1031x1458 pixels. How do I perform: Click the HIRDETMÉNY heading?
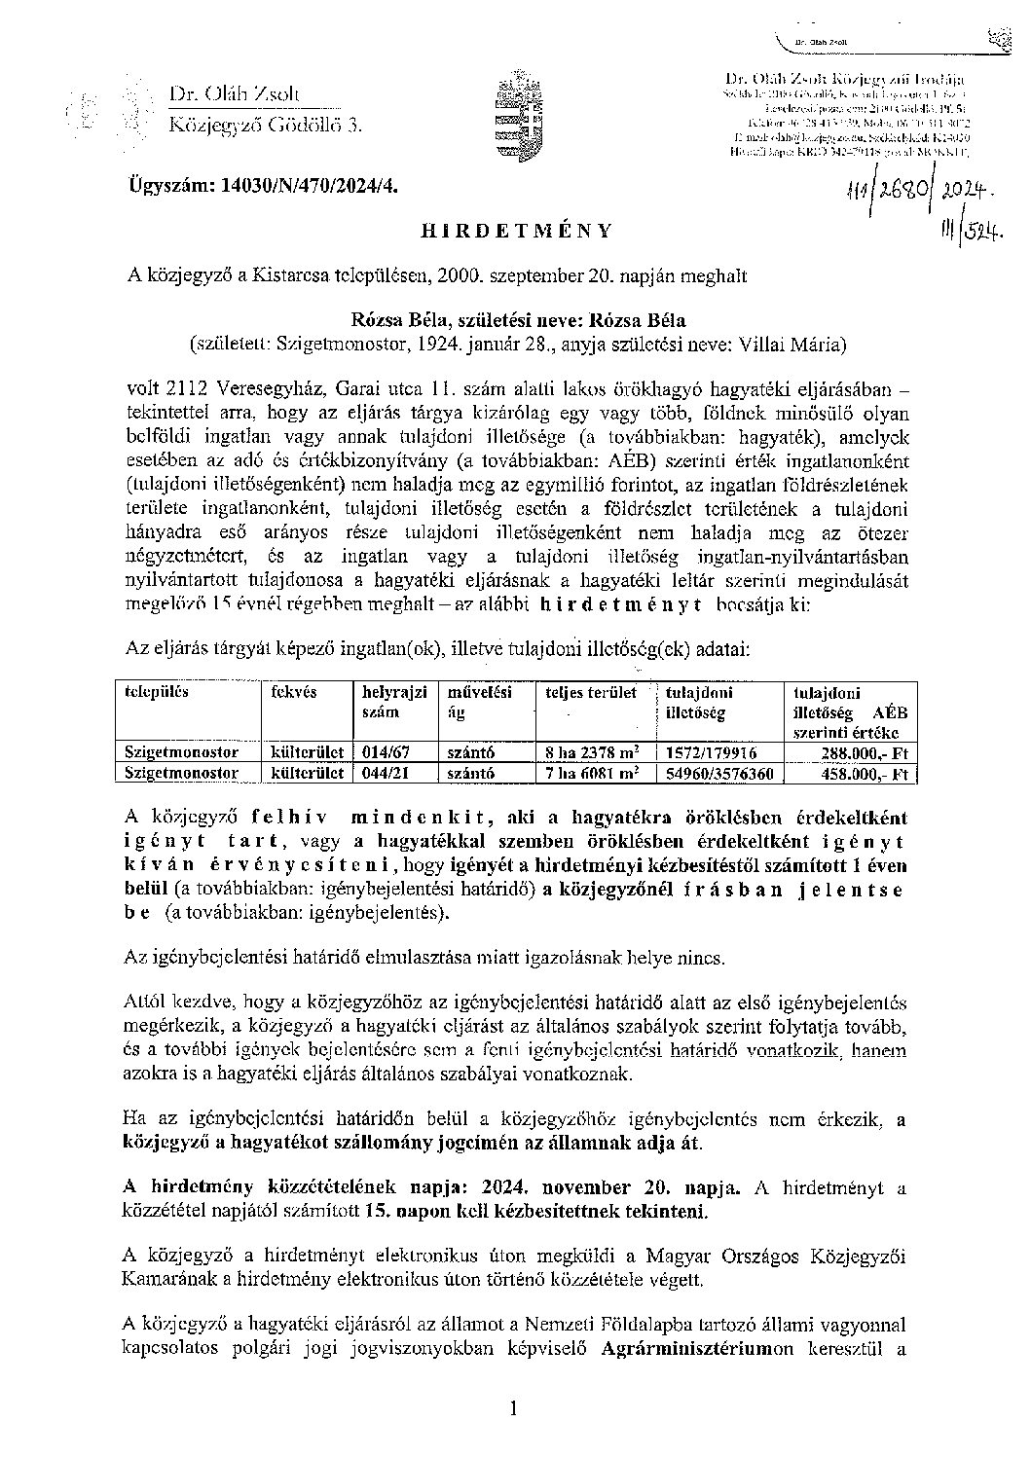pyautogui.click(x=515, y=231)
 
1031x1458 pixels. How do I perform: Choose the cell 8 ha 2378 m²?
pyautogui.click(x=595, y=752)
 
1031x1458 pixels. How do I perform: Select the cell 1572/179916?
pyautogui.click(x=712, y=752)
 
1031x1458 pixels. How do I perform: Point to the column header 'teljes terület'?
pyautogui.click(x=592, y=692)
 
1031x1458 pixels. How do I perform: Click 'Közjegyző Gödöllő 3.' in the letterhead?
pyautogui.click(x=265, y=124)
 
